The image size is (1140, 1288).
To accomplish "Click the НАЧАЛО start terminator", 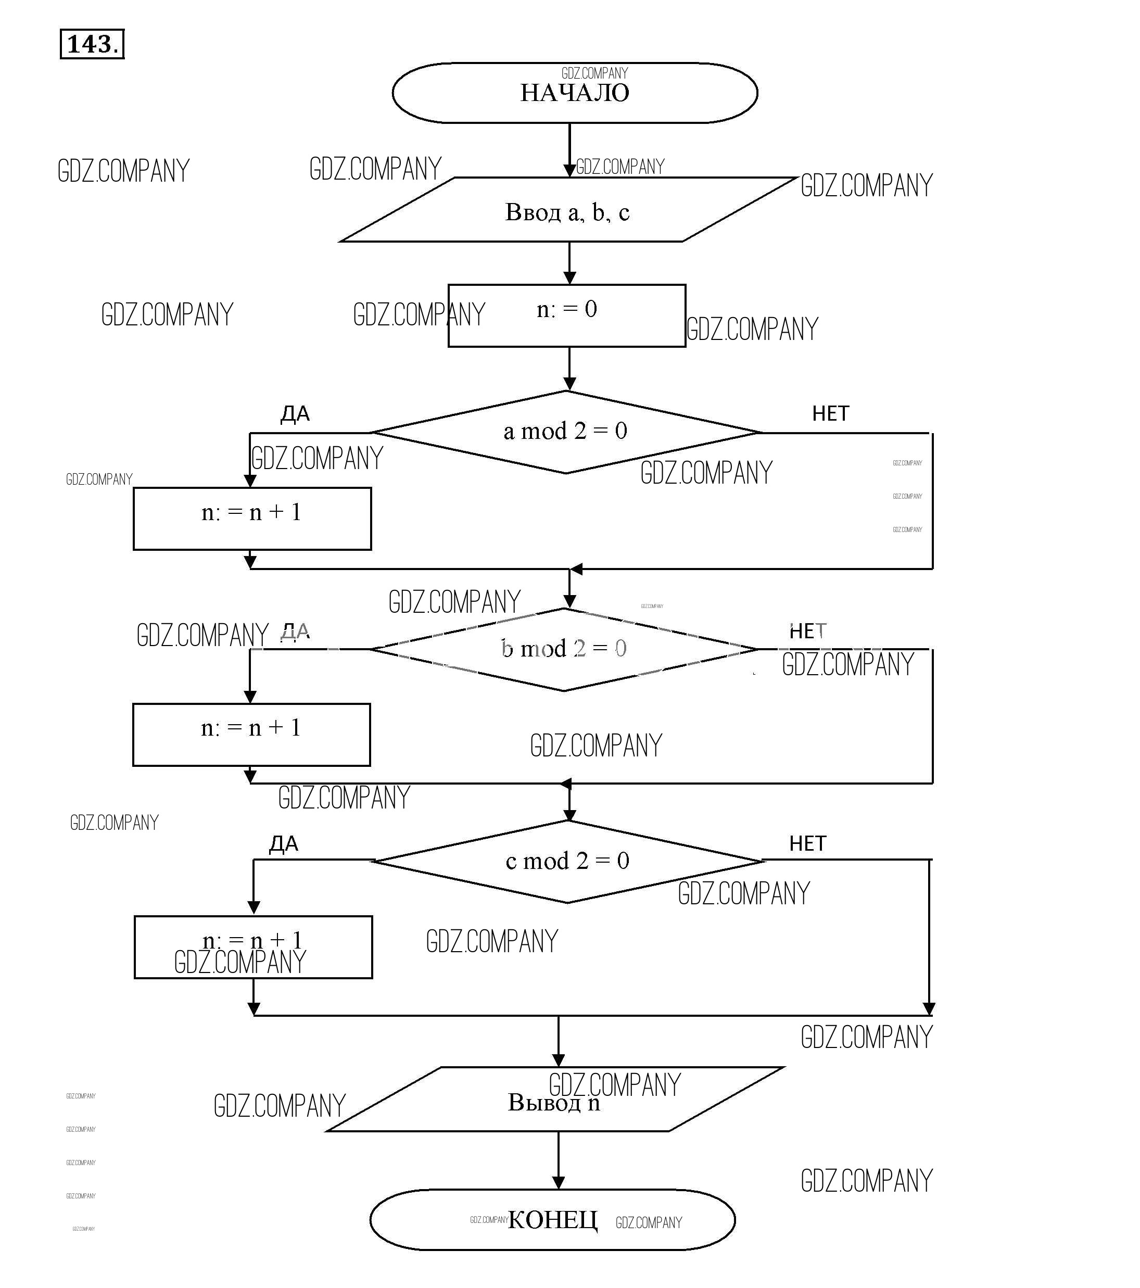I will [x=574, y=93].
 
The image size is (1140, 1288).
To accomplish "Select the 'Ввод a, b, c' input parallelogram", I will [x=567, y=210].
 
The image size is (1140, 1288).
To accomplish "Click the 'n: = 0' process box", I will [x=566, y=315].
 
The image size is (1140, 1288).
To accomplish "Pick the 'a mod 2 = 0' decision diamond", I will [x=565, y=432].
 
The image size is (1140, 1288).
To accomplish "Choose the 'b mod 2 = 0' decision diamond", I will [x=563, y=649].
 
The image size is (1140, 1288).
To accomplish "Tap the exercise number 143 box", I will [x=92, y=44].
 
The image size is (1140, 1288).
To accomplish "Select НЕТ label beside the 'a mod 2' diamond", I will [x=831, y=414].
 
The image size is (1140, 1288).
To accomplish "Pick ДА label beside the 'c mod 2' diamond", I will [x=284, y=844].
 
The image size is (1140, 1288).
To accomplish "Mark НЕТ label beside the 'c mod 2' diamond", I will [x=807, y=844].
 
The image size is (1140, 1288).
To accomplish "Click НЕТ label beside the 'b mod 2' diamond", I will [x=807, y=632].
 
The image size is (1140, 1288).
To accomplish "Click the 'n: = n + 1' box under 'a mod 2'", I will [x=252, y=519].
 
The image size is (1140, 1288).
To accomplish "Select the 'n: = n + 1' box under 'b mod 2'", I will [x=251, y=735].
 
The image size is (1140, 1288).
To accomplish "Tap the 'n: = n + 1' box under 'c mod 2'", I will [x=254, y=947].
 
